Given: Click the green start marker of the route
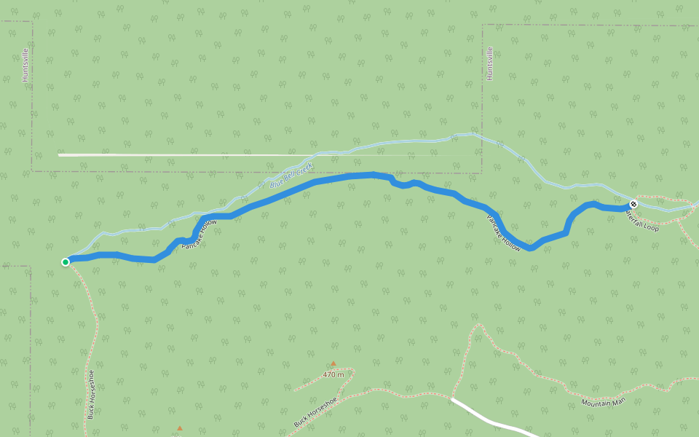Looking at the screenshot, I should (66, 261).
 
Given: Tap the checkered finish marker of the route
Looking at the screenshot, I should (633, 204).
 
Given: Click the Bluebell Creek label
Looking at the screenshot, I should (291, 175).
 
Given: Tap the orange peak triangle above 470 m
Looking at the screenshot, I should (333, 363).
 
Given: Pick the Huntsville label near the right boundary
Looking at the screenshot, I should (490, 63).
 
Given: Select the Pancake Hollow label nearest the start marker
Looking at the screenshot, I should (199, 235).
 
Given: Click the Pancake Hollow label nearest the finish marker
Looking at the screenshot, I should (503, 233).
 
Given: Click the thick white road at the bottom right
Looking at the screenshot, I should (495, 421).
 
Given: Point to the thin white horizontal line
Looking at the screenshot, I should (218, 154).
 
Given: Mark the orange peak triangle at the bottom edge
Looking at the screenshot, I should (180, 428).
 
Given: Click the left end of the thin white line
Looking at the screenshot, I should (60, 154).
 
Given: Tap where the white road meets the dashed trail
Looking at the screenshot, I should (452, 399).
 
